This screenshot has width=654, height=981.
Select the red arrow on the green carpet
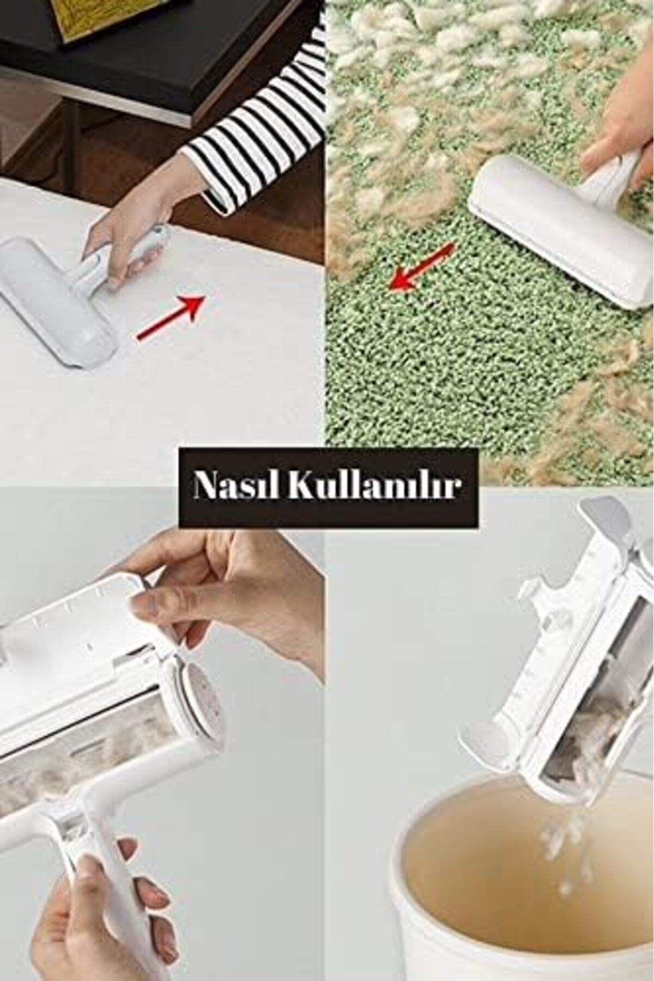click(x=423, y=267)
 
